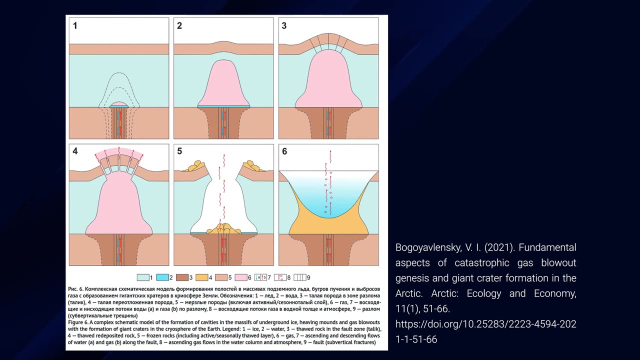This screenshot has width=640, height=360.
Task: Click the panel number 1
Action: tap(75, 26)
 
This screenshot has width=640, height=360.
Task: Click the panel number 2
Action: tap(179, 26)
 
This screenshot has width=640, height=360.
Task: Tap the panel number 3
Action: tap(284, 26)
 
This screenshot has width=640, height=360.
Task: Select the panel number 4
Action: tap(75, 151)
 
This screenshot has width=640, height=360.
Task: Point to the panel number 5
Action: tap(179, 151)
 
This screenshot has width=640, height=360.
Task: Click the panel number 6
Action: tap(284, 151)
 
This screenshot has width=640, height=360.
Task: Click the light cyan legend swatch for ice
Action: tap(143, 277)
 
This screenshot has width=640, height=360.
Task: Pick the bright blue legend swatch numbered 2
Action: tap(162, 277)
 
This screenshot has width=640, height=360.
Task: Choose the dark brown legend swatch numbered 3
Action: tap(182, 277)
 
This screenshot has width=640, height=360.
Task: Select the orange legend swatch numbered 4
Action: tap(201, 277)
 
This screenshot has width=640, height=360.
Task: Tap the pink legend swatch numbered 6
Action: tap(241, 277)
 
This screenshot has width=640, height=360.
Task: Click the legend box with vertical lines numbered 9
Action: tap(300, 277)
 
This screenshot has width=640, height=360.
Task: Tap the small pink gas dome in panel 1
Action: tap(119, 104)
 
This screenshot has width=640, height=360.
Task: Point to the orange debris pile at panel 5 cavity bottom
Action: tap(223, 229)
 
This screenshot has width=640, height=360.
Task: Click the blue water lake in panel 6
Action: tap(328, 191)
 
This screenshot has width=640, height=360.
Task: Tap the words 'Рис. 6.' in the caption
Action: tap(75, 289)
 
